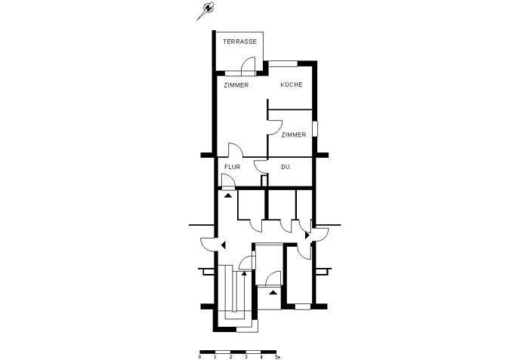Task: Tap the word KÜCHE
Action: pos(292,85)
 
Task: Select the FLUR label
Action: pos(232,166)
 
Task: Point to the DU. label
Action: pos(286,166)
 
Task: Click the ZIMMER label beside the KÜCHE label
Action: pos(236,85)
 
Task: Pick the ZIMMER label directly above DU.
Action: pos(293,134)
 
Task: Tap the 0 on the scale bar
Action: pos(200,357)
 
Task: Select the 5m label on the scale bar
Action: pos(277,357)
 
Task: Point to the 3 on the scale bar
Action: pos(246,357)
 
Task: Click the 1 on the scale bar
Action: pos(215,357)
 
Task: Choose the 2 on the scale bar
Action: pos(230,357)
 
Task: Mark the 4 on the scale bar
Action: pos(261,357)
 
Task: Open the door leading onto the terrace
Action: pos(253,66)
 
